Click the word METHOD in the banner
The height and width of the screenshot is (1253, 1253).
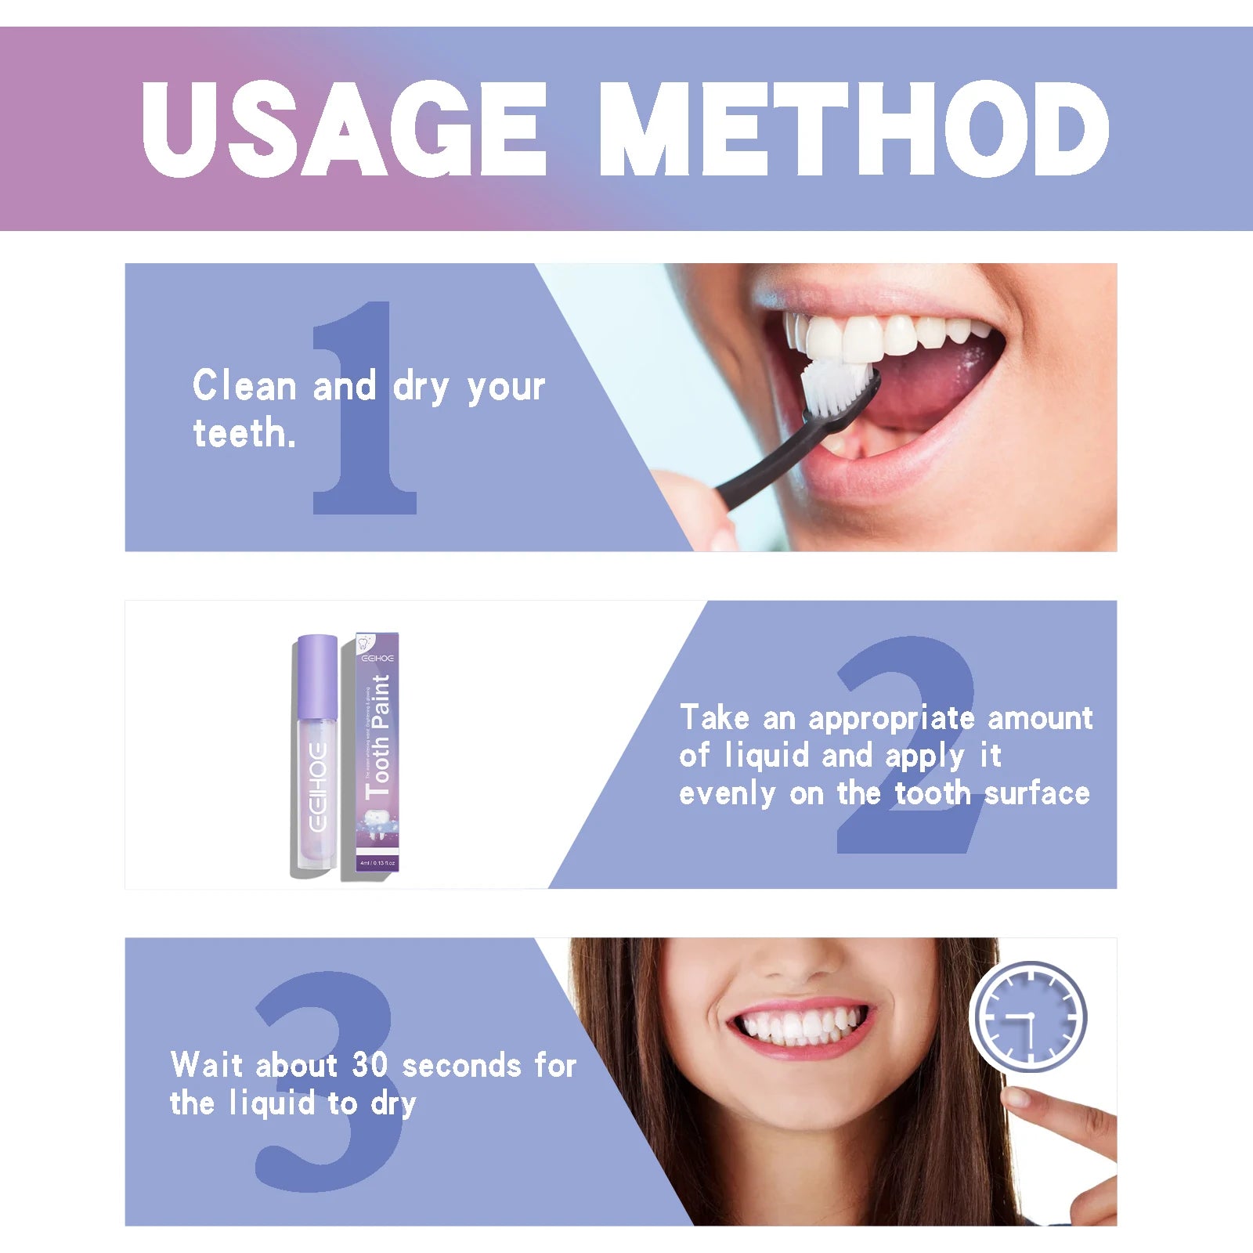click(x=854, y=129)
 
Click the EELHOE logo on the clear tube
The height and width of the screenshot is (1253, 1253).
click(x=317, y=787)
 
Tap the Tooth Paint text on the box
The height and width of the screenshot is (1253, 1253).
click(x=379, y=736)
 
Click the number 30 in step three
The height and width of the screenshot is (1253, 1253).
click(x=370, y=1065)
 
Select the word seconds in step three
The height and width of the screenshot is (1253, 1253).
click(x=461, y=1066)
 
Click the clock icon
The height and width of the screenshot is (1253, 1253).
click(x=1028, y=1016)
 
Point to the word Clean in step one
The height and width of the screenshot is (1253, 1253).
click(x=244, y=386)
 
